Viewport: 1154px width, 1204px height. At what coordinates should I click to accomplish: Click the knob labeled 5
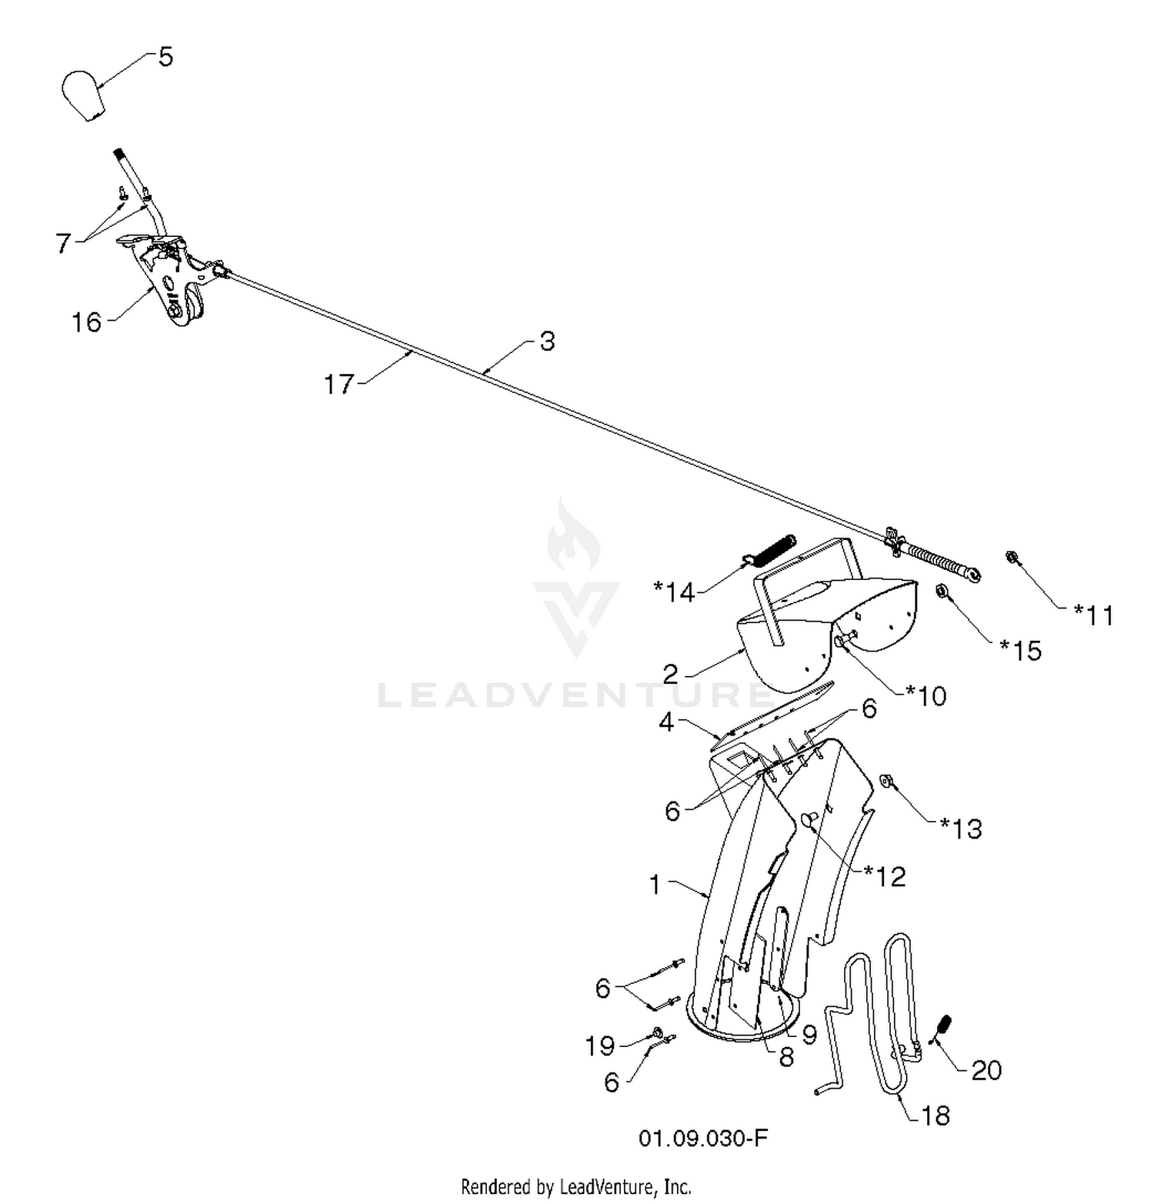click(84, 95)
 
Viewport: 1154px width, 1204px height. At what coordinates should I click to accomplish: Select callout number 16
click(86, 322)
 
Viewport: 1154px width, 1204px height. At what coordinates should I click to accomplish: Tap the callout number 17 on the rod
click(339, 384)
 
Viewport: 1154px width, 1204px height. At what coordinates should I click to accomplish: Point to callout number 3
click(547, 341)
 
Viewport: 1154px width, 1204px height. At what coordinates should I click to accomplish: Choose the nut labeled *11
click(1012, 556)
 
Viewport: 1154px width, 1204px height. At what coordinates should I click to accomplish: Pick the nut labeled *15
click(941, 590)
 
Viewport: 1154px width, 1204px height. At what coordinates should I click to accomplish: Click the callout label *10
click(926, 695)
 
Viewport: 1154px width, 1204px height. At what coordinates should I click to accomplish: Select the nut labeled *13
click(886, 781)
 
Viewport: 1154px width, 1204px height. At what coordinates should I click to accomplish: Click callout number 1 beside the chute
click(655, 885)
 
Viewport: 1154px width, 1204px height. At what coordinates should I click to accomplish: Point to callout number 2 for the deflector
click(670, 675)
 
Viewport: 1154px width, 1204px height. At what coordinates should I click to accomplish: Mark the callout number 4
click(666, 722)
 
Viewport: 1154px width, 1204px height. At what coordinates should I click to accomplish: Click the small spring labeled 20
click(943, 1027)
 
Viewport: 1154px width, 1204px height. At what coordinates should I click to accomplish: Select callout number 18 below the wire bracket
click(935, 1116)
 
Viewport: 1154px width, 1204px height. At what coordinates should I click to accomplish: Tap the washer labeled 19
click(659, 1032)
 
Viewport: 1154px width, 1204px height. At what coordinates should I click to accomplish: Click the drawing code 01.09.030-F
click(703, 1139)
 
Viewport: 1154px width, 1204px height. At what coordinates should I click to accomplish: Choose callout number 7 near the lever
click(63, 243)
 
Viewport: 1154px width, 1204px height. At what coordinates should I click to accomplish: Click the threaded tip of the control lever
click(120, 156)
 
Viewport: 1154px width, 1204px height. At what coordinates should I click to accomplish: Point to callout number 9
click(809, 1035)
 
